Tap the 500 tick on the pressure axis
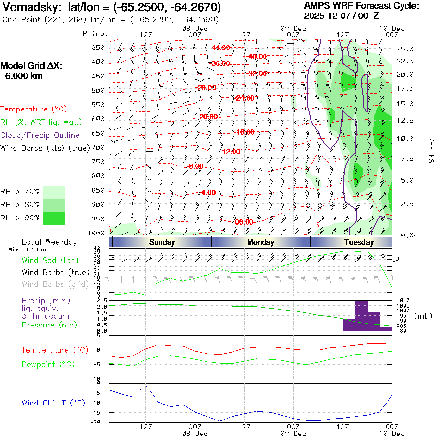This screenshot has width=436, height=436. click(x=99, y=90)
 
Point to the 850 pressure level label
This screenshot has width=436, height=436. click(x=99, y=190)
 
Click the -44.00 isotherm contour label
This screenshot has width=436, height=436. click(x=220, y=48)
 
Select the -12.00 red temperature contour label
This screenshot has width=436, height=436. click(x=231, y=151)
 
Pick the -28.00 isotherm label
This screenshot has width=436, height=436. click(x=206, y=87)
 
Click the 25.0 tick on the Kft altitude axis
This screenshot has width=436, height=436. click(x=405, y=49)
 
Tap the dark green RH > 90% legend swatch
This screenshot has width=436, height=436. click(x=54, y=218)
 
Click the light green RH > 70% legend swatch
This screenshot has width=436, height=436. click(x=54, y=192)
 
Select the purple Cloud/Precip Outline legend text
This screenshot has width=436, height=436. click(x=40, y=135)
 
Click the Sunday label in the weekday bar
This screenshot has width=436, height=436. click(x=162, y=242)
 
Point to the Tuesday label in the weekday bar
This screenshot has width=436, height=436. click(x=359, y=242)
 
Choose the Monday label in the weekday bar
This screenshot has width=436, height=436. click(x=260, y=242)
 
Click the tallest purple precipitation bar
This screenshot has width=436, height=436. click(x=361, y=315)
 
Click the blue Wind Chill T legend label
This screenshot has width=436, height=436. click(x=53, y=403)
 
